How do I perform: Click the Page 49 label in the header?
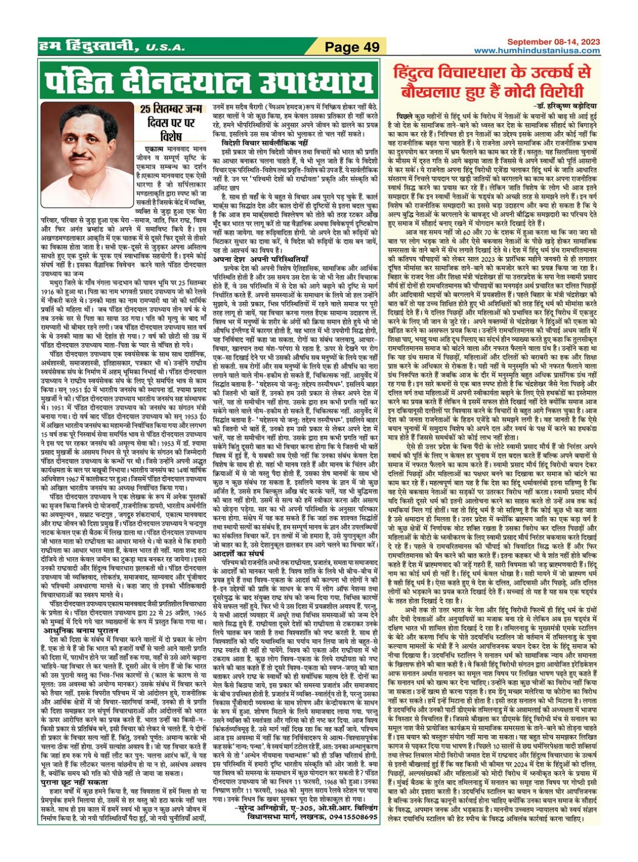(x=352, y=47)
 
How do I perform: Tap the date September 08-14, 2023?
(x=553, y=42)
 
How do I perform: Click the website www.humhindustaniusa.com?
(x=537, y=51)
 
